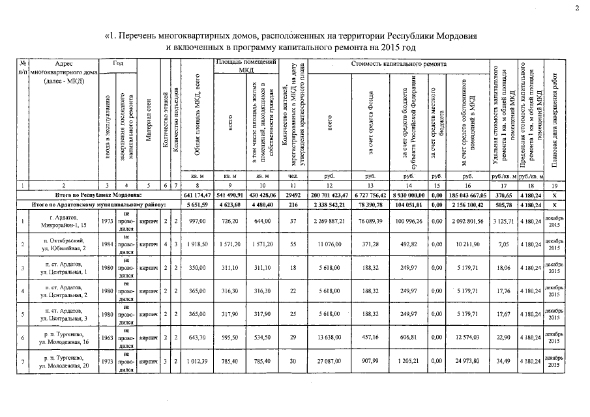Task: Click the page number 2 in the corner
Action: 576,8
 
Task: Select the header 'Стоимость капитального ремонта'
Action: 399,65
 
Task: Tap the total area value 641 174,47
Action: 196,195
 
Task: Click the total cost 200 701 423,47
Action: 331,195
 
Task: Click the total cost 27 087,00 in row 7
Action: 331,360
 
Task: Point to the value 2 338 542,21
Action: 331,205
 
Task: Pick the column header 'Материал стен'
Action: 149,121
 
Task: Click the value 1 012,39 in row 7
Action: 196,360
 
